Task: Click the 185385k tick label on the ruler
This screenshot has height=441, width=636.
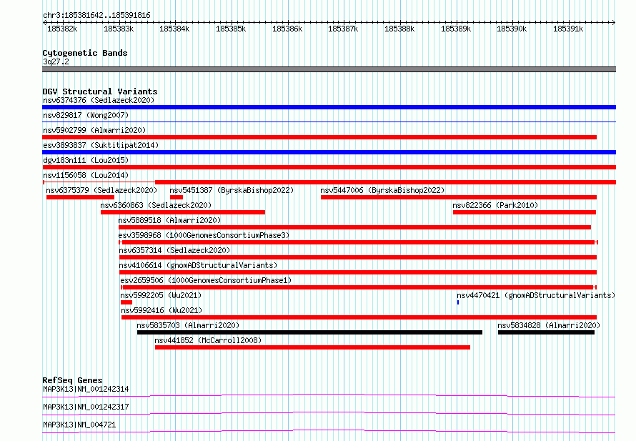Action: click(231, 29)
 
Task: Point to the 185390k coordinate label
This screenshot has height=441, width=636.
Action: click(512, 29)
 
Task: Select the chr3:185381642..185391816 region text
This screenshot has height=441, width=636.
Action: click(96, 16)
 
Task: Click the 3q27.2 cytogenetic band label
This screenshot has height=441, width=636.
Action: click(56, 61)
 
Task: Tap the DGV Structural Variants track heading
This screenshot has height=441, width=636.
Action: click(100, 91)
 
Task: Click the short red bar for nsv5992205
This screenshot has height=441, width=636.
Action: click(126, 302)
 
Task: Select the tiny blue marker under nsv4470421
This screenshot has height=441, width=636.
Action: click(458, 302)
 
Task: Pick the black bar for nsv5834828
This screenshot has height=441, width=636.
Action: click(546, 332)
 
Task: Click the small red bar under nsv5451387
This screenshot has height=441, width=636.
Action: click(177, 197)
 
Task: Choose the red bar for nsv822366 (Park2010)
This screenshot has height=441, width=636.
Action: click(525, 212)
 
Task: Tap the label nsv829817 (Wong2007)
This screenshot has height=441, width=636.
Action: click(86, 116)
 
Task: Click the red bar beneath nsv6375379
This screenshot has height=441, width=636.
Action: click(80, 197)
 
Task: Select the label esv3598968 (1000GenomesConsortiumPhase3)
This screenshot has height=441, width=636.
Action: click(204, 236)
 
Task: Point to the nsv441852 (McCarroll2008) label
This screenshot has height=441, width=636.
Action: click(208, 341)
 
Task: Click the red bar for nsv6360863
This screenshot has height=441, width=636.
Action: click(183, 212)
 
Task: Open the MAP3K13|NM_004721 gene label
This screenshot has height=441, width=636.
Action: click(79, 425)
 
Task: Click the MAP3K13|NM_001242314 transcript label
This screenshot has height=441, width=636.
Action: click(86, 389)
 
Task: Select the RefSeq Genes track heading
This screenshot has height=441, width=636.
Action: click(73, 380)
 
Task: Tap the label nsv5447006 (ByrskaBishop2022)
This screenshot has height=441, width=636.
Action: click(382, 191)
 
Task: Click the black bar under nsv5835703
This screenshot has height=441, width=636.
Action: click(310, 332)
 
